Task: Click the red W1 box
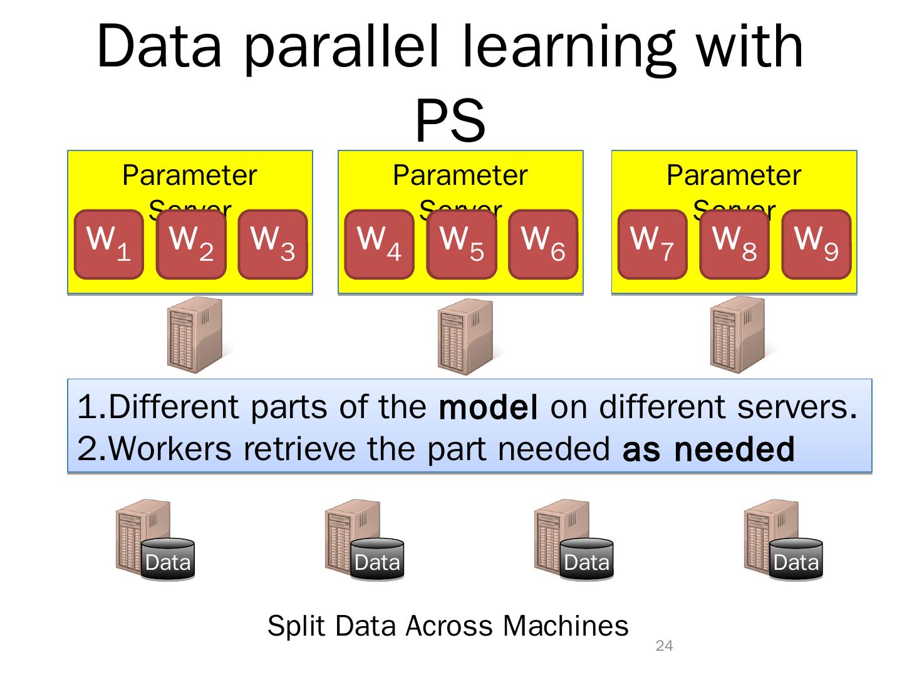(x=108, y=244)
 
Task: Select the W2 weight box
(x=191, y=244)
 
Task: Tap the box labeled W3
(x=272, y=244)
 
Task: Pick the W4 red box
(x=379, y=244)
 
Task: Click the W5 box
(x=462, y=244)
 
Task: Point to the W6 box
(x=543, y=244)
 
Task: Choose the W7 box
(x=652, y=244)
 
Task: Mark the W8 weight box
(x=734, y=244)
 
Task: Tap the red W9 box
(x=816, y=244)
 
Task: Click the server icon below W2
(x=195, y=335)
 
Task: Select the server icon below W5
(x=465, y=337)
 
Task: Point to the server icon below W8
(x=738, y=335)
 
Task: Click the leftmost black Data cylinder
(x=168, y=560)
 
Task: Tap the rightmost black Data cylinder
(x=796, y=560)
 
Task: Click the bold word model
(x=489, y=407)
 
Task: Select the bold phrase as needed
(x=708, y=449)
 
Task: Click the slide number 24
(x=664, y=646)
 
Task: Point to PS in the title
(x=450, y=121)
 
